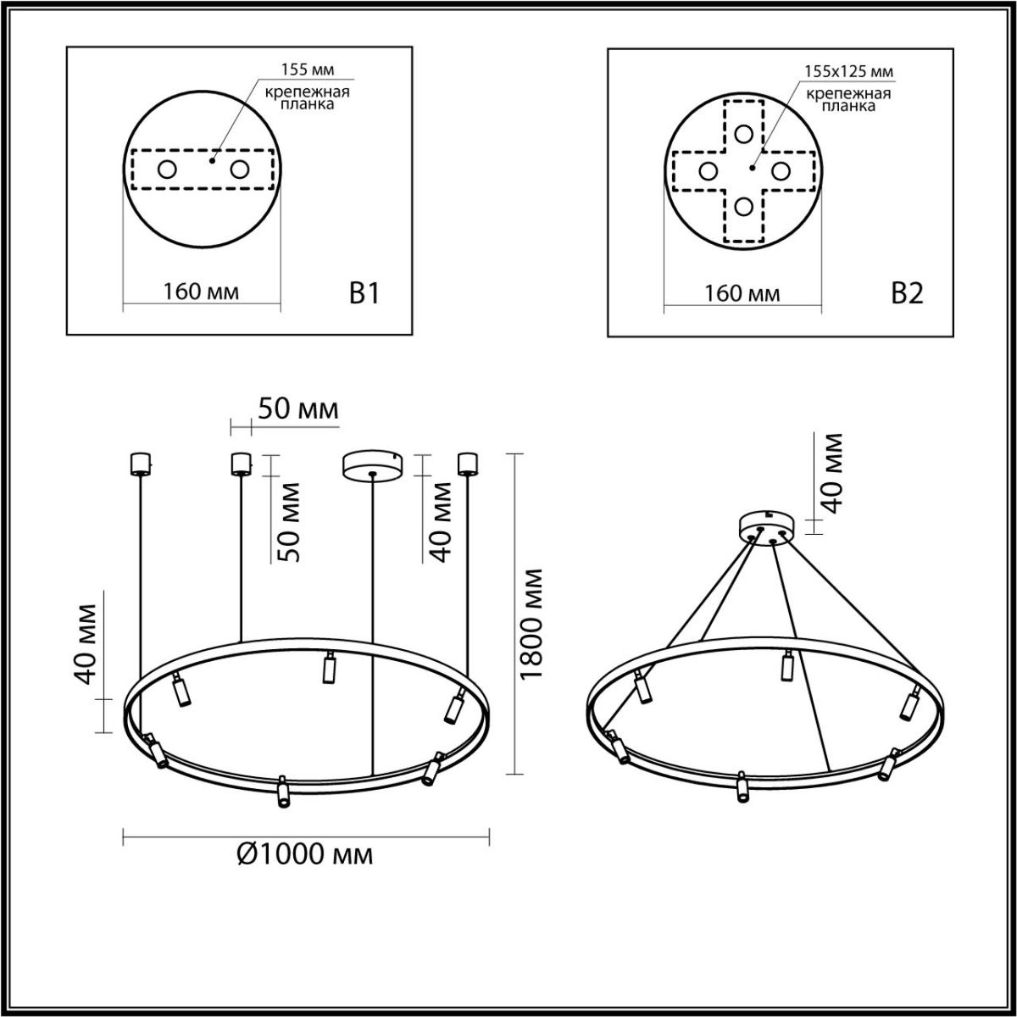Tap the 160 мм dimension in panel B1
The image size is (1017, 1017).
coord(201,292)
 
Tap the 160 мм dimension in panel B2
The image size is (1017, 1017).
coord(742,293)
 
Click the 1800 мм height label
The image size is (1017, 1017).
coord(531,625)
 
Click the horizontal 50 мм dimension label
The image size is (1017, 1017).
coord(298,409)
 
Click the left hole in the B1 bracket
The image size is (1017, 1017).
coord(167,169)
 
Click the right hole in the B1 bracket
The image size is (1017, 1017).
coord(240,169)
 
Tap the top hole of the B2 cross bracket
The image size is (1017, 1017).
coord(744,134)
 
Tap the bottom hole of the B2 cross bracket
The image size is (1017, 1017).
coord(744,206)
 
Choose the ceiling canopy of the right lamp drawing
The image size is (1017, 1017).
coord(767,526)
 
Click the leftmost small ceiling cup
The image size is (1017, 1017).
coord(139,464)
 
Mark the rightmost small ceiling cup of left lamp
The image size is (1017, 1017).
coord(467,464)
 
